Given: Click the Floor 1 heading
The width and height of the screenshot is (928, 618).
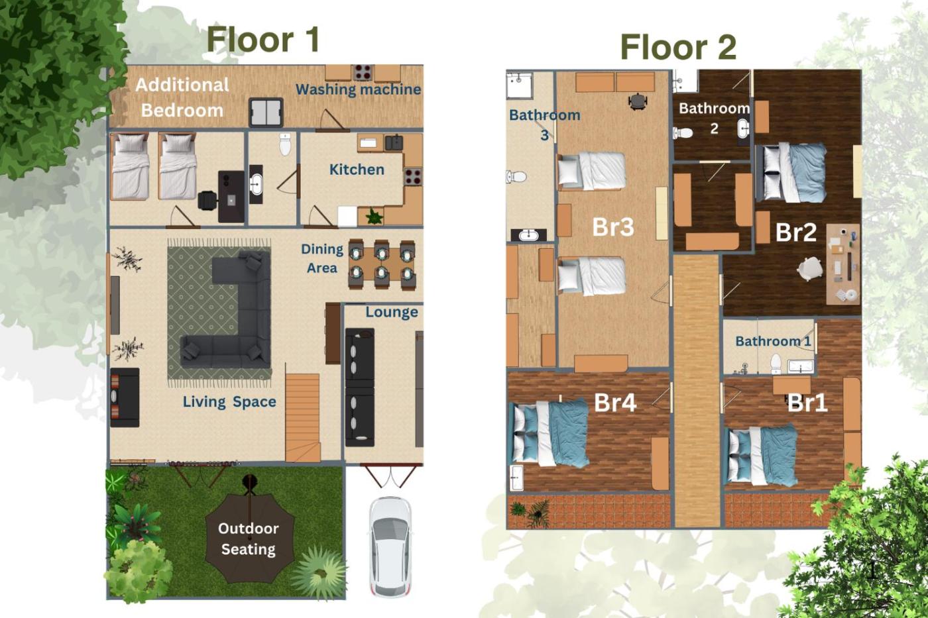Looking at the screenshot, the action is (x=263, y=40).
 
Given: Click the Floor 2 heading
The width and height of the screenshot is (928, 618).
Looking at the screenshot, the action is (x=679, y=47).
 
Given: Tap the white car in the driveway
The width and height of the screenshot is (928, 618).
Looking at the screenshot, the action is (x=390, y=547).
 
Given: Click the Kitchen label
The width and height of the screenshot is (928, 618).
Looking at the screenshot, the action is (x=357, y=170).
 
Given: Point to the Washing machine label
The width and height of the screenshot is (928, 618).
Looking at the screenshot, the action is (x=359, y=90).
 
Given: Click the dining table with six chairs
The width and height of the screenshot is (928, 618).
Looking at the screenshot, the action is (x=381, y=264).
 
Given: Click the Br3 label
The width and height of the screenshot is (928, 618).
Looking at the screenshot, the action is (x=613, y=227).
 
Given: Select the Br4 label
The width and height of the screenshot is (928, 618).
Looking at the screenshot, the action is (x=615, y=402).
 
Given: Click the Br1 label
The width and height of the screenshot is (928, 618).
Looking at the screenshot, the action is (x=807, y=402).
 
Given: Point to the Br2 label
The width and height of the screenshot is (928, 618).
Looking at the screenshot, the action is (x=796, y=232).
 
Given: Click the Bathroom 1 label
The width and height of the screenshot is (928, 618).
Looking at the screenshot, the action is (x=773, y=342).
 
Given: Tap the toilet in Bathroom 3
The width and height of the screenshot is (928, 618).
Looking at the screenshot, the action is (x=516, y=177).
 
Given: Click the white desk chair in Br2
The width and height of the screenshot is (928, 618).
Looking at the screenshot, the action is (x=810, y=268).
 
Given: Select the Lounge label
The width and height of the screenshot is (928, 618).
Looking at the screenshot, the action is (x=392, y=313).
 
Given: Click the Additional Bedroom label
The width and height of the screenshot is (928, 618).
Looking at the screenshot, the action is (x=182, y=97).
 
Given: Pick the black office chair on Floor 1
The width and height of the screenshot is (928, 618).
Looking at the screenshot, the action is (x=207, y=200).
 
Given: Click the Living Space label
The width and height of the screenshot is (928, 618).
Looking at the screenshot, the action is (x=229, y=402).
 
